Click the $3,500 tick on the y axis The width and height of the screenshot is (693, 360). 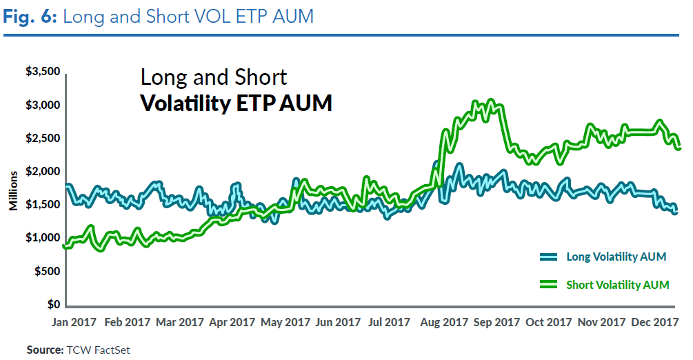43,72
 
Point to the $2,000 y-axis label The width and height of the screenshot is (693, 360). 43,171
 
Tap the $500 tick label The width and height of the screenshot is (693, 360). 47,272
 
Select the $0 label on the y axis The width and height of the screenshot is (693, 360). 52,305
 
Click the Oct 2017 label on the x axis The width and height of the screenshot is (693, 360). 549,322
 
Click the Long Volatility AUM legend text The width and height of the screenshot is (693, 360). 616,257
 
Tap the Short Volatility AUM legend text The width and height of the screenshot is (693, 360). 617,284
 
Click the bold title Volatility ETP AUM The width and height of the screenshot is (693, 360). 236,103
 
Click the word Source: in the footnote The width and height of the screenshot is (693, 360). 45,350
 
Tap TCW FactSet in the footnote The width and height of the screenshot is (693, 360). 98,350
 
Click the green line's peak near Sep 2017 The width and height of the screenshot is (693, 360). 490,101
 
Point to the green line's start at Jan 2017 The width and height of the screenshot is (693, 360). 64,246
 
